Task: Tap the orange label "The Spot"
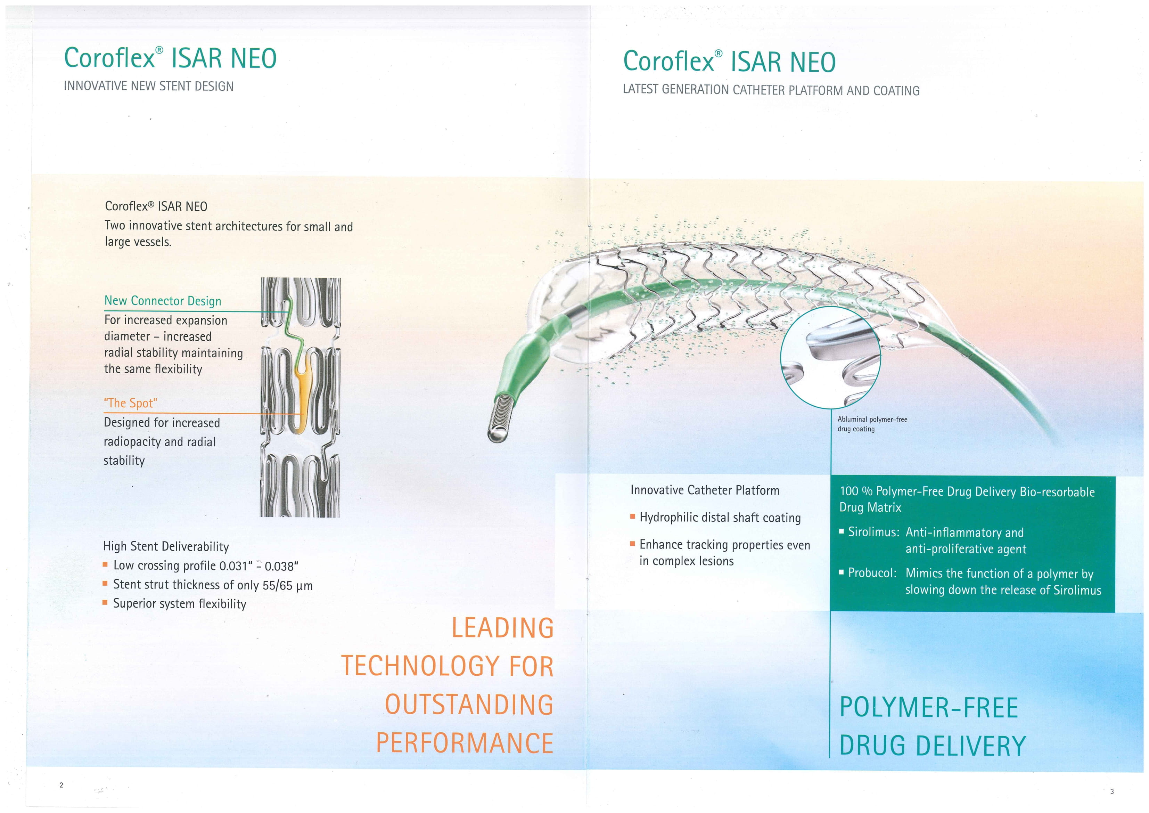click(x=131, y=403)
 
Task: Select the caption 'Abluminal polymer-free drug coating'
click(x=872, y=424)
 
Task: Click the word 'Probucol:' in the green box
click(x=872, y=573)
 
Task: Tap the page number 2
click(x=61, y=785)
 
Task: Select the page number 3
click(x=1112, y=791)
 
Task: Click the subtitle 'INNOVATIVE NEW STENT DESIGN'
click(x=149, y=86)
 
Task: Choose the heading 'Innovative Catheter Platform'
click(x=705, y=490)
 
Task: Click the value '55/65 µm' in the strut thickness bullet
click(x=287, y=585)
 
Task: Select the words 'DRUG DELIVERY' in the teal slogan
click(x=932, y=746)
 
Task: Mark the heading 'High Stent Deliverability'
click(x=166, y=546)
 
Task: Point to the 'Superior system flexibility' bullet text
click(x=180, y=604)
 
